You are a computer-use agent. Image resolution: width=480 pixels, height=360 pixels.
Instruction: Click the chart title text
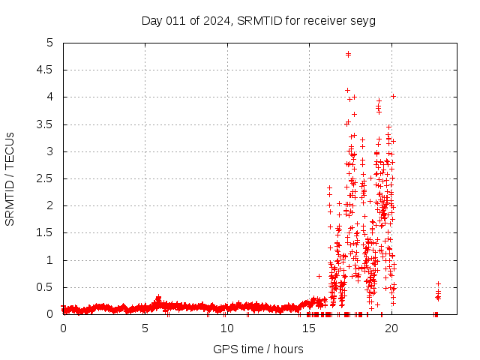pos(258,20)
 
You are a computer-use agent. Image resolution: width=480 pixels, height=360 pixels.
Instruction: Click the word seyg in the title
pos(362,20)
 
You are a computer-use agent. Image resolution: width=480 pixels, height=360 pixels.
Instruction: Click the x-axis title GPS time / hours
pos(258,349)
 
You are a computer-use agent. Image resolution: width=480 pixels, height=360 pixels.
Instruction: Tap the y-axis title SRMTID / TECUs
pos(10,178)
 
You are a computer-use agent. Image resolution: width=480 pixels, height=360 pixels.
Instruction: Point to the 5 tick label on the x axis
pos(145,328)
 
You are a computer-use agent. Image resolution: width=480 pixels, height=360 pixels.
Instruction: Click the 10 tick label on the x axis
pos(226,328)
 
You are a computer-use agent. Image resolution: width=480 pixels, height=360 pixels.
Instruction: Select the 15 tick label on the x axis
pos(309,328)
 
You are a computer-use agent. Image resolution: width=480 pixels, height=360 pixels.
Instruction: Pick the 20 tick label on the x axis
pos(391,328)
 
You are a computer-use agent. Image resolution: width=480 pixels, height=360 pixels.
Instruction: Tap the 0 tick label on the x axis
pos(63,328)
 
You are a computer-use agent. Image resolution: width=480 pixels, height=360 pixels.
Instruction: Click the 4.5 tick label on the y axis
pos(48,70)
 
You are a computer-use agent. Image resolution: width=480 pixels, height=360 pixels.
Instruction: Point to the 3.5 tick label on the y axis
pos(48,124)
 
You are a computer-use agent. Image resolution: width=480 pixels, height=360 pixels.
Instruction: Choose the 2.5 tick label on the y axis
pos(48,179)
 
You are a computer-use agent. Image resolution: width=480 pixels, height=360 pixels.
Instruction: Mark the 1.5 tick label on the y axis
pos(48,233)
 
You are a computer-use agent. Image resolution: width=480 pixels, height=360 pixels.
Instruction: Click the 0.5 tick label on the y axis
pos(48,288)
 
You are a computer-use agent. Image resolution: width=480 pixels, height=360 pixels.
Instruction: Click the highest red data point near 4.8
pos(348,54)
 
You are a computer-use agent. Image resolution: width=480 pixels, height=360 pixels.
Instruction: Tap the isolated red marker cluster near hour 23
pos(438,292)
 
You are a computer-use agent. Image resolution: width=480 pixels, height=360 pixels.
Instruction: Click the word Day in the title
pos(152,20)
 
